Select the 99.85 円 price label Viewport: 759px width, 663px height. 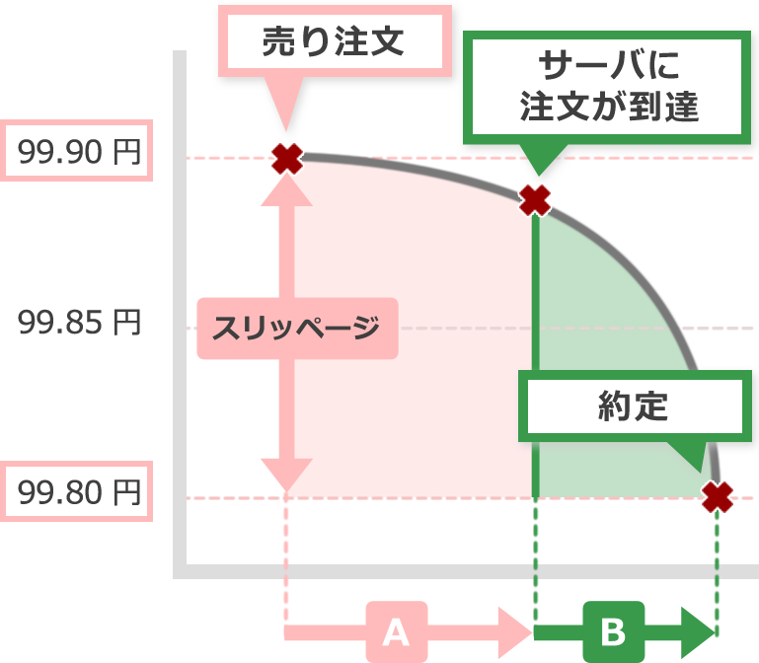(79, 323)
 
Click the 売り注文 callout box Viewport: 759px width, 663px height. (335, 42)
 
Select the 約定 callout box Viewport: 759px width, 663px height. (633, 405)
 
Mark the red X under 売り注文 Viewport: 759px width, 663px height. (287, 158)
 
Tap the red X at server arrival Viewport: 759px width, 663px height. (534, 200)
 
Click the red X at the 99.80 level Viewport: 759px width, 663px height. (718, 496)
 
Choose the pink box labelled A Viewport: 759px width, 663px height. (396, 629)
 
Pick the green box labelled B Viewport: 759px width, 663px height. (612, 629)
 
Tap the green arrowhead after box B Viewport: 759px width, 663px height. (699, 629)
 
